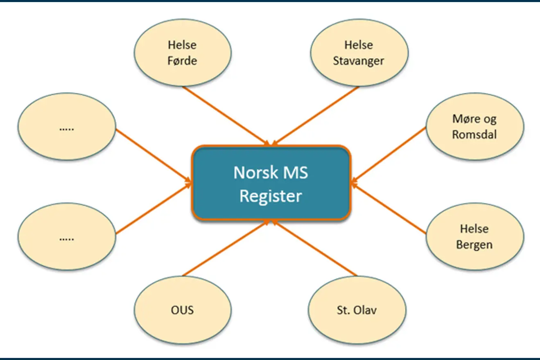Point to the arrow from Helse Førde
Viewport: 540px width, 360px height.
point(226,115)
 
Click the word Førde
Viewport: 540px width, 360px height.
point(183,61)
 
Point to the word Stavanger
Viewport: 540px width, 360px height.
point(359,61)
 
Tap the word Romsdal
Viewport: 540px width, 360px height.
point(474,134)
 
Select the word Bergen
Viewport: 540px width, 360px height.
point(474,245)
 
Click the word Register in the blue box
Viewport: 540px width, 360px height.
point(271,196)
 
